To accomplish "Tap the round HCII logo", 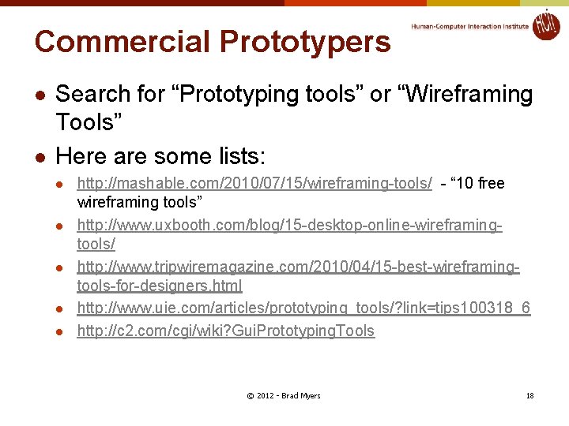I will tap(545, 24).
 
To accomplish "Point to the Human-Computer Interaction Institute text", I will tap(470, 26).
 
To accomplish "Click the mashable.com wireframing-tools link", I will tap(254, 184).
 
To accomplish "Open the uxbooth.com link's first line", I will tap(289, 226).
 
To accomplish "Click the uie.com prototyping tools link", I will tap(303, 308).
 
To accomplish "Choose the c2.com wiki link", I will tap(225, 331).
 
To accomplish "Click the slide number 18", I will tap(530, 395).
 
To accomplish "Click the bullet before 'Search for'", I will tap(40, 95).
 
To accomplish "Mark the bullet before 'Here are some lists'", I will tap(40, 155).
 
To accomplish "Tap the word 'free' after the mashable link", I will tap(491, 184).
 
